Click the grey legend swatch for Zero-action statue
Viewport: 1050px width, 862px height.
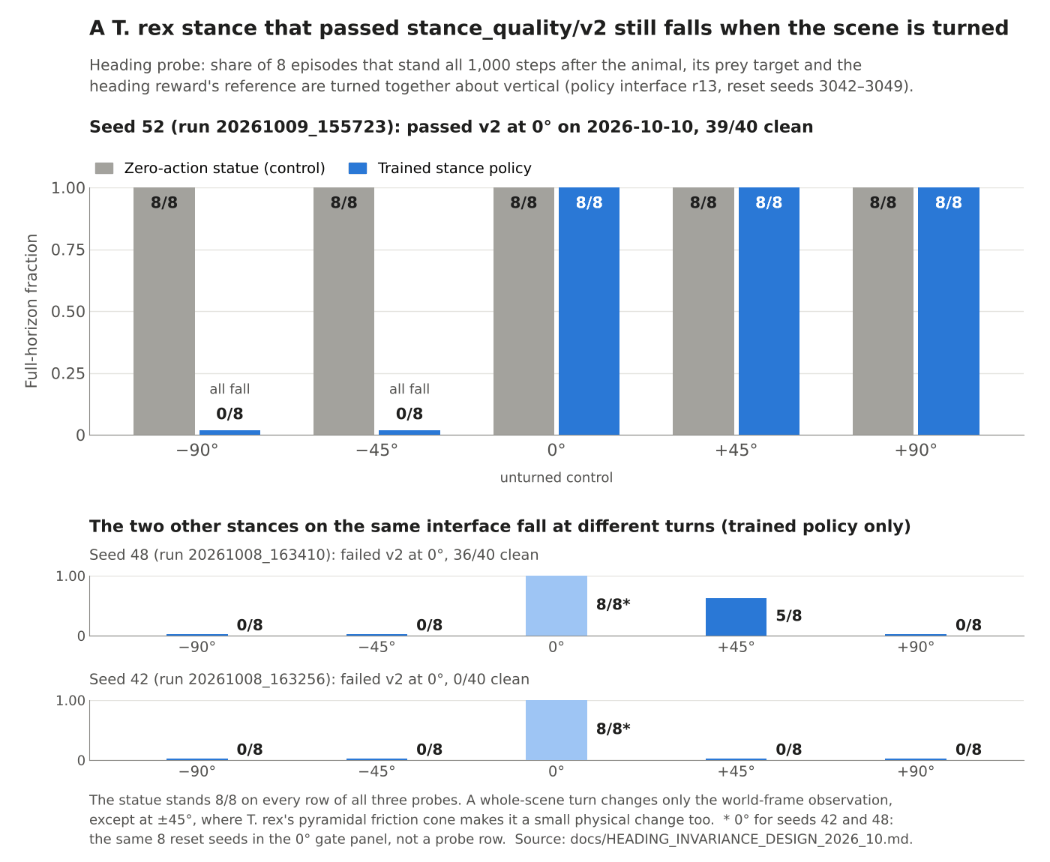(x=104, y=168)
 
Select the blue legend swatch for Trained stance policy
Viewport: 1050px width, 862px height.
(x=358, y=168)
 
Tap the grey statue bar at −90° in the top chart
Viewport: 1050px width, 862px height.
(x=163, y=311)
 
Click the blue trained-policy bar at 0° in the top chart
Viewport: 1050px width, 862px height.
(x=589, y=311)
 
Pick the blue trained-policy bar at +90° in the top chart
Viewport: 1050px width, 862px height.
(x=949, y=311)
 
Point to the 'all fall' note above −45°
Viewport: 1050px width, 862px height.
(x=409, y=389)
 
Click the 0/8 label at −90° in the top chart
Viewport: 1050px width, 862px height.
(x=229, y=414)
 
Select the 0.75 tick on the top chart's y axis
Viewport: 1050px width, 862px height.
(x=67, y=250)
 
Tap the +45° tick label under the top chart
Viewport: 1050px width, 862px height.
(x=736, y=450)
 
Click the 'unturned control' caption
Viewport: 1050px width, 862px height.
(x=556, y=477)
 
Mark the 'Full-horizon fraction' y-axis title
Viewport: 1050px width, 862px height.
(x=31, y=311)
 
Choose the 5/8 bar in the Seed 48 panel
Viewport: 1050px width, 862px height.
(x=736, y=617)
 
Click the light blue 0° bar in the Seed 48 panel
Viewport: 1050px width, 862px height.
(x=556, y=606)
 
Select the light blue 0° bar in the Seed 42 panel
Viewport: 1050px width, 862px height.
(x=556, y=730)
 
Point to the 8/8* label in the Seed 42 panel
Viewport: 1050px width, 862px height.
(x=613, y=729)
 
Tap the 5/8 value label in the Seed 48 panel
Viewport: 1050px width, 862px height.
(x=788, y=615)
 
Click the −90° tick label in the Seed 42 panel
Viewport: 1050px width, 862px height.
(x=197, y=771)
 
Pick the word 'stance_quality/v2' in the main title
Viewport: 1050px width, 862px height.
(x=506, y=28)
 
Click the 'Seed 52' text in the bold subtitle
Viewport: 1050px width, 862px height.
(x=127, y=127)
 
